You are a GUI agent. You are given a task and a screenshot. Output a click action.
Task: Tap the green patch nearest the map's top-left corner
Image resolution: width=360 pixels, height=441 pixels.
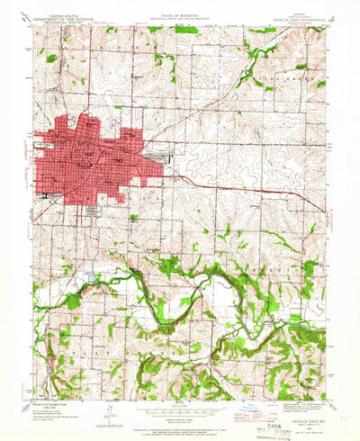pos(51,58)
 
